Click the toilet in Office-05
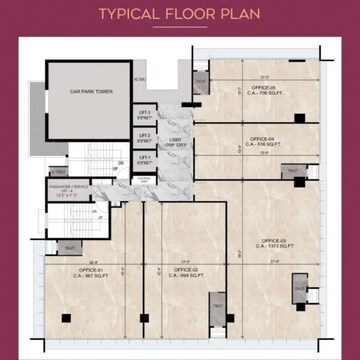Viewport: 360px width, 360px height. pos(200,82)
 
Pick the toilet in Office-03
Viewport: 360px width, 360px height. pos(299,289)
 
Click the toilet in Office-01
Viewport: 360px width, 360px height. pos(71,246)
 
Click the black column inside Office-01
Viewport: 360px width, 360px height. pos(66,318)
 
